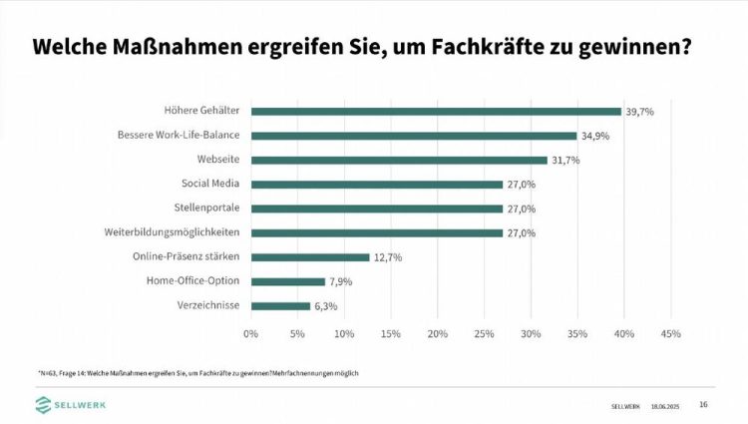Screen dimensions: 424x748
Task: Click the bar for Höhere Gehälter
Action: coord(436,112)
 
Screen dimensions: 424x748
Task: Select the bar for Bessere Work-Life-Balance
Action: coord(414,136)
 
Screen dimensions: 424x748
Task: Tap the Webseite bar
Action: coord(399,160)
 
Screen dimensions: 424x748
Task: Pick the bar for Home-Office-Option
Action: coord(288,281)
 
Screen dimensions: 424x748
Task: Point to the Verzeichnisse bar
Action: coord(280,305)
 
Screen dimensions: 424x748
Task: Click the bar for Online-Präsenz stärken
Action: coord(310,257)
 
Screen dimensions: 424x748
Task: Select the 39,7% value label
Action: coord(639,112)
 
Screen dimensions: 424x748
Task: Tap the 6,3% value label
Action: coord(326,305)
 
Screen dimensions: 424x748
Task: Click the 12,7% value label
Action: coord(388,257)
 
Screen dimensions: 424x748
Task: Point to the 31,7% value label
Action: coord(564,160)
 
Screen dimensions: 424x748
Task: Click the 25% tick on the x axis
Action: coord(484,333)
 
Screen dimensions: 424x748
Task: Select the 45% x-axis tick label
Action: coord(670,333)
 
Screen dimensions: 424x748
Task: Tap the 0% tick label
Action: coord(251,333)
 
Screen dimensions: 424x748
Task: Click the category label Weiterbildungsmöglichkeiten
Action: coord(173,232)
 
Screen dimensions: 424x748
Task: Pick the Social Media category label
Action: coord(210,184)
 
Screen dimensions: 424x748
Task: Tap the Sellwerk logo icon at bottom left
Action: coord(44,403)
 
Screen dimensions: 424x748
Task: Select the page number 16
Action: coord(703,404)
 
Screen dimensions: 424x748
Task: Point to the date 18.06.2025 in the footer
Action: coord(665,406)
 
